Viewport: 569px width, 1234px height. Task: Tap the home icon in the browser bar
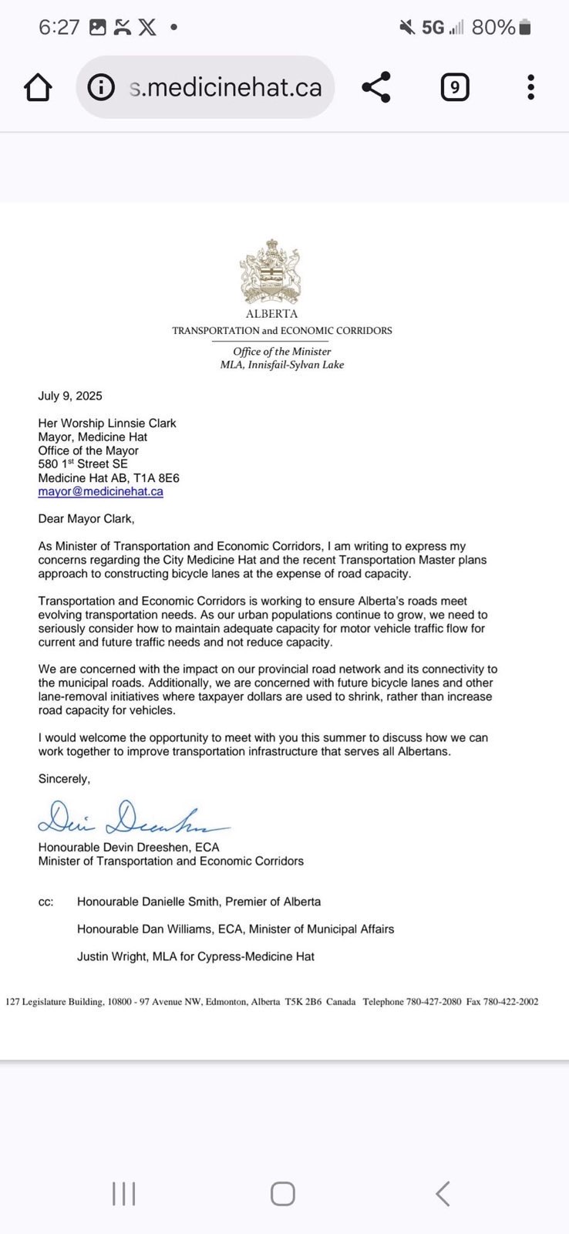pos(38,87)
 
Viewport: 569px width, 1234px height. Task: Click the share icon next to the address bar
pos(376,87)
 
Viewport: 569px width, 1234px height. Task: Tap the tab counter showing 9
pos(454,87)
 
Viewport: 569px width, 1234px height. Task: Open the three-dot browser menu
pos(530,87)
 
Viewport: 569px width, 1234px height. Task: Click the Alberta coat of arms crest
pos(271,272)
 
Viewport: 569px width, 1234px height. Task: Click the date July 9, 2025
pos(70,396)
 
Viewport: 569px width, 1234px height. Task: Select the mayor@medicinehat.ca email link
pos(100,491)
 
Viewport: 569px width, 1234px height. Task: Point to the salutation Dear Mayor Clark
pos(86,518)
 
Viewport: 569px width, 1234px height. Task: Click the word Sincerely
pos(64,779)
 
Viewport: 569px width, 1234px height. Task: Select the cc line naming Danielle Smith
pos(199,902)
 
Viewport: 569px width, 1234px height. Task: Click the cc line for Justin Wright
pos(196,956)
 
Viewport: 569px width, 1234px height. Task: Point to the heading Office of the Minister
pos(282,352)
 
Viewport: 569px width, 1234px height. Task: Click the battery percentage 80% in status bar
pos(493,28)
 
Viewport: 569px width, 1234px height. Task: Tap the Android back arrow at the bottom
pos(443,1193)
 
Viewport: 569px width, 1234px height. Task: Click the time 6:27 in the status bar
pos(59,28)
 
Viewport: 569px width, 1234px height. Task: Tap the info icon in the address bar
pos(101,87)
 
